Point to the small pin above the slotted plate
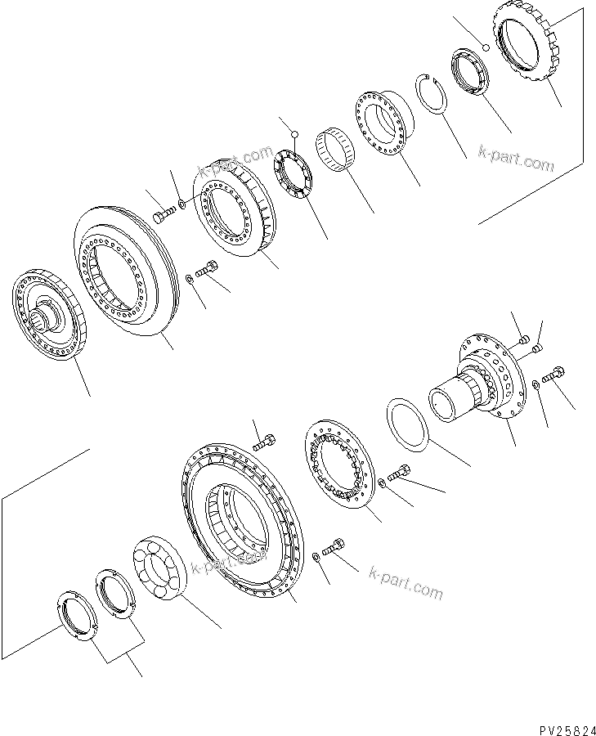(299, 134)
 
